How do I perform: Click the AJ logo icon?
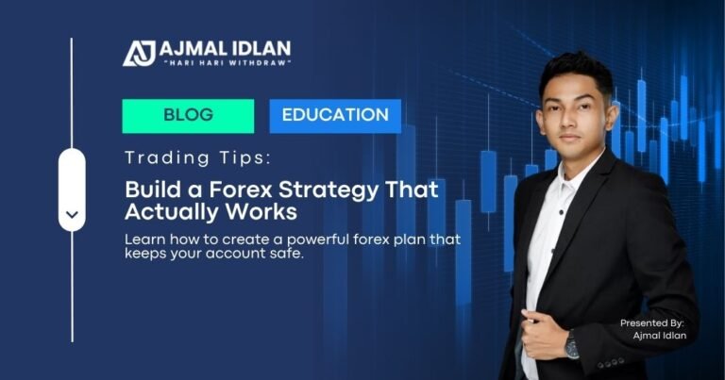click(x=139, y=52)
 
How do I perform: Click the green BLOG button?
click(x=188, y=116)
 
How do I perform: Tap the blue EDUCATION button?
click(x=335, y=116)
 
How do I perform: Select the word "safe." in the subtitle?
click(x=285, y=255)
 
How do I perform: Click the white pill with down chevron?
click(x=72, y=190)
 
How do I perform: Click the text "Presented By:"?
click(x=652, y=323)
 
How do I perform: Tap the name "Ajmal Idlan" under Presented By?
click(x=659, y=337)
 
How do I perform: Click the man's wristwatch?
click(x=572, y=347)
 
